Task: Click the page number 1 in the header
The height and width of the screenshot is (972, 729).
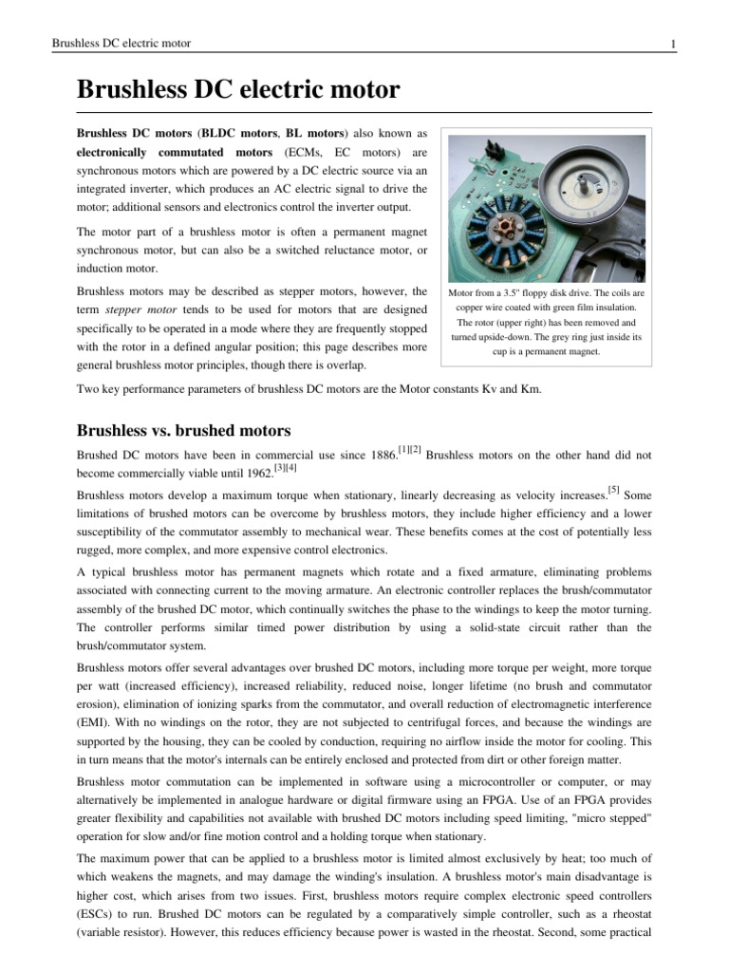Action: [x=672, y=44]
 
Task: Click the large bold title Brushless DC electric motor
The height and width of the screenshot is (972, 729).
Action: [x=238, y=91]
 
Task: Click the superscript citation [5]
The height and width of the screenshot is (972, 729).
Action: [x=614, y=491]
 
